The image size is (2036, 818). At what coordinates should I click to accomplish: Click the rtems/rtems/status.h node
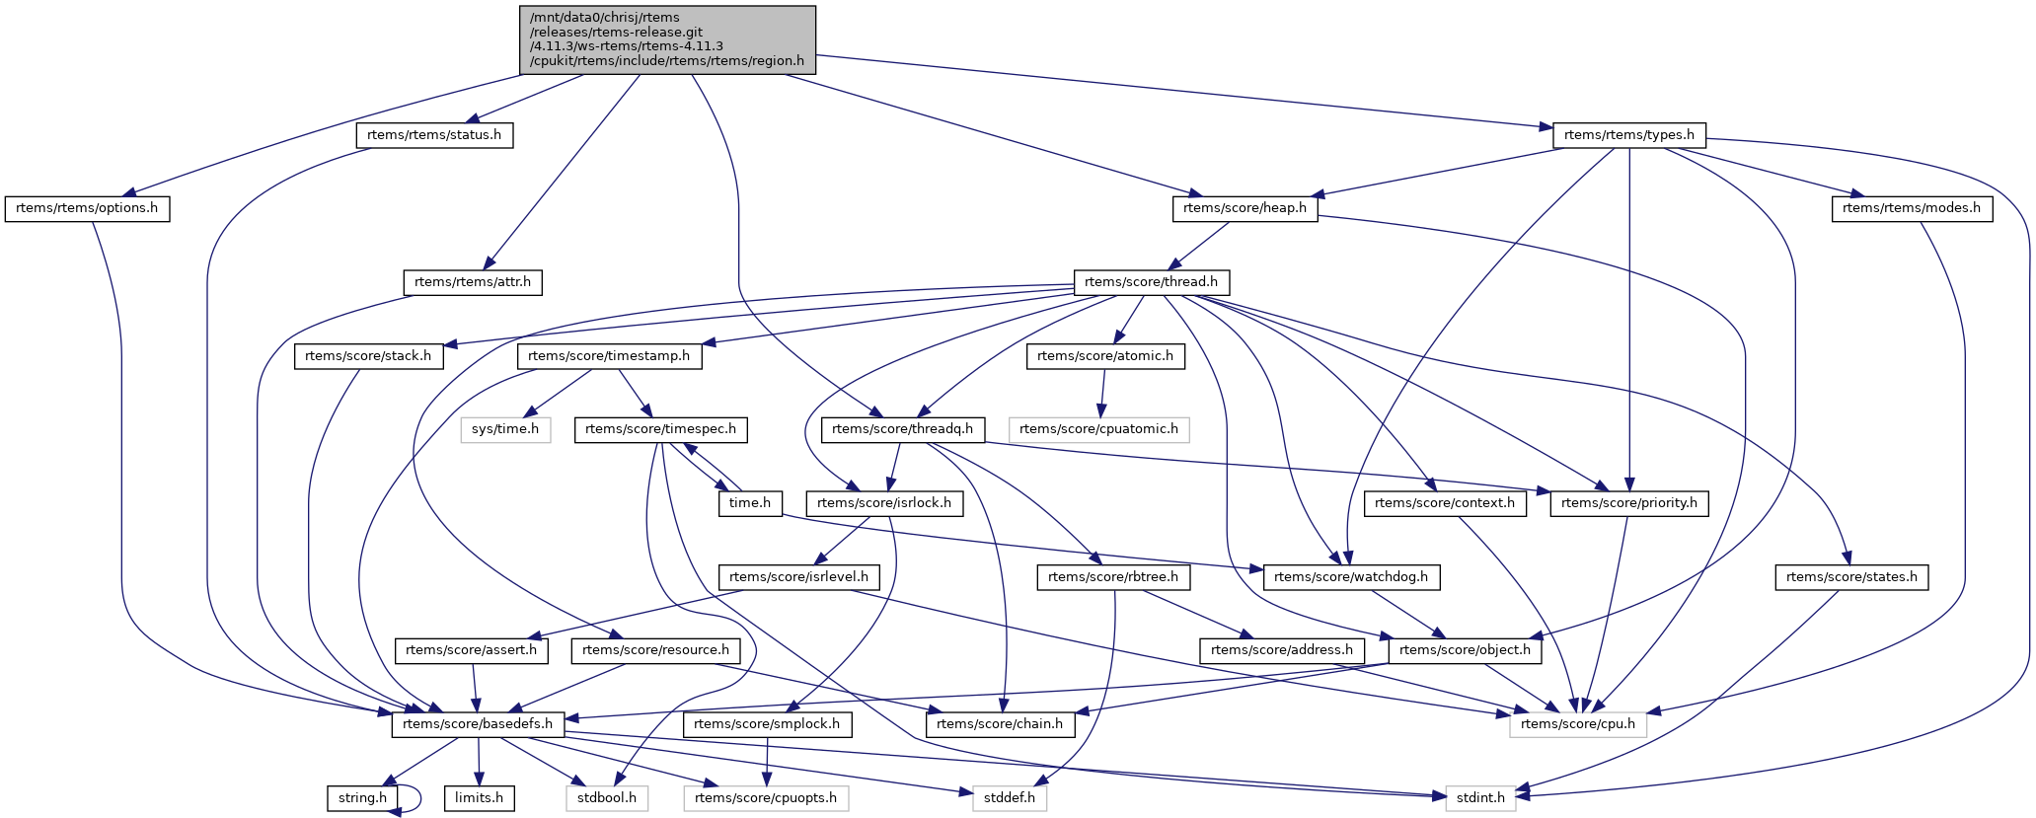(434, 135)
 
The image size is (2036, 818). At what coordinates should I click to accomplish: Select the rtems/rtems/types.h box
(1629, 135)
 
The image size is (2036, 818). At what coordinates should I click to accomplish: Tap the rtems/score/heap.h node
(1244, 208)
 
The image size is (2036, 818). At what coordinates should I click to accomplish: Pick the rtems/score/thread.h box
(1151, 282)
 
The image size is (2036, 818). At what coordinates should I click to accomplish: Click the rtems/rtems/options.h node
(87, 208)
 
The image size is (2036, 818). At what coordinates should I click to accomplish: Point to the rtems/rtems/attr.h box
(473, 282)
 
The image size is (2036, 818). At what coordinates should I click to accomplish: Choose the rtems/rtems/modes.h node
(1912, 208)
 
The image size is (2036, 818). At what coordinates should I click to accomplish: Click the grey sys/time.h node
(505, 429)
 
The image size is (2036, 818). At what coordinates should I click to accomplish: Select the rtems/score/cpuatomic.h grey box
(1098, 429)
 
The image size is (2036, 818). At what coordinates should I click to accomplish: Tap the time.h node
(750, 503)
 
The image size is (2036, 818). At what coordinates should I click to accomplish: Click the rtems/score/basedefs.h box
(479, 724)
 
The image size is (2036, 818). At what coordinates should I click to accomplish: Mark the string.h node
(363, 797)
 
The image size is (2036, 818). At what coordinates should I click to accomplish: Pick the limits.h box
(479, 797)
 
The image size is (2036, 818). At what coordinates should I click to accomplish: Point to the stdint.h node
(1480, 797)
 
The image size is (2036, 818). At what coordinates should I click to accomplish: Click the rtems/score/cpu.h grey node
(1578, 724)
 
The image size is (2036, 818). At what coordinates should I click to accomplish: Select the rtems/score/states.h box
(1851, 577)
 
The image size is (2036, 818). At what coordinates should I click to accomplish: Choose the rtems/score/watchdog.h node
(1351, 577)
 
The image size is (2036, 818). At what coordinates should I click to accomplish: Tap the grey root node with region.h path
(668, 39)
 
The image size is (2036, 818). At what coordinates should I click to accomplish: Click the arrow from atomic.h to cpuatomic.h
(1101, 393)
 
